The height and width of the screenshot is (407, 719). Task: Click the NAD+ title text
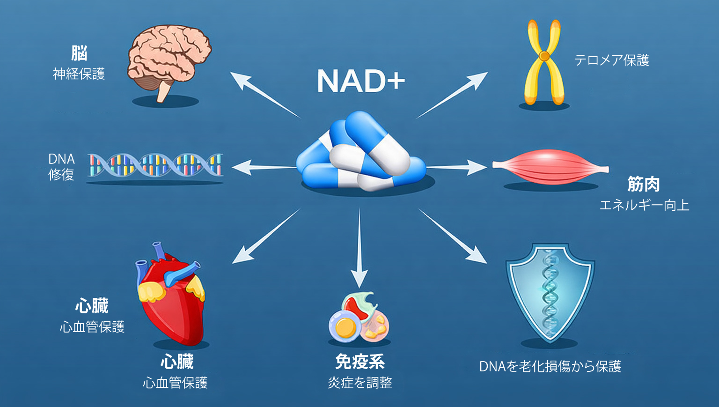point(360,81)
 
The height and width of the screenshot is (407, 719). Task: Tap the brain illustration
point(169,59)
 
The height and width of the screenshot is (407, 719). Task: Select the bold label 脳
point(79,53)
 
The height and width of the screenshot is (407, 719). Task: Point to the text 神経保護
point(79,74)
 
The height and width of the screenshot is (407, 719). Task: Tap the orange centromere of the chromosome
point(544,56)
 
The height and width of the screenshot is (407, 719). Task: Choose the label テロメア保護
point(612,60)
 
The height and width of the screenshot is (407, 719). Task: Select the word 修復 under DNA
point(61,175)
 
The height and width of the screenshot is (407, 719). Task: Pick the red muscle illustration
point(550,166)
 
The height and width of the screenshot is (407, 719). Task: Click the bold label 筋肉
point(644,185)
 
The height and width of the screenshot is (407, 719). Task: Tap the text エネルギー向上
point(644,205)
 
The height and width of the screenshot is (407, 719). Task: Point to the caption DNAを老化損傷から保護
point(550,366)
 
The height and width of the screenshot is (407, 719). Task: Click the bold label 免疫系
point(359,362)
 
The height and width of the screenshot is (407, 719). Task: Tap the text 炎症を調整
point(359,383)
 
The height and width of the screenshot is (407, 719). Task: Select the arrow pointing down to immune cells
point(359,248)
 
